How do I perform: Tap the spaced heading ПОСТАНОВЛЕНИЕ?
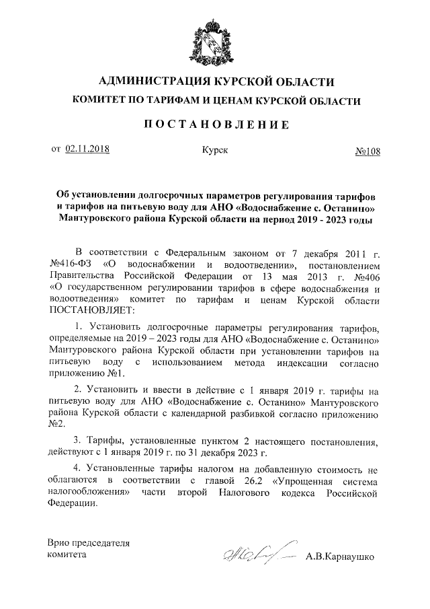click(216, 124)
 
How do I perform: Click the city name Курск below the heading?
click(214, 150)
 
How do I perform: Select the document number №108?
click(367, 151)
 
